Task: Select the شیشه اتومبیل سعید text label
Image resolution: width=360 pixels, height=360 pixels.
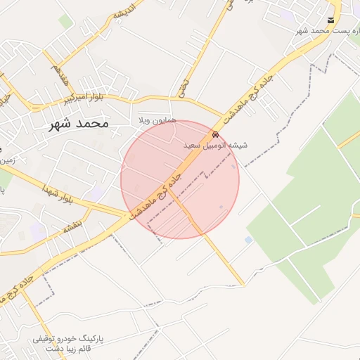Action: (215, 146)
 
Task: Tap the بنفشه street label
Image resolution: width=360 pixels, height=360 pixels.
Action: (72, 228)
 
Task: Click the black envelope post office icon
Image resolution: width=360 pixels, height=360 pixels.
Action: (331, 20)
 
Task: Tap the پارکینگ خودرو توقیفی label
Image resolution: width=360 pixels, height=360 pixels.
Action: (68, 339)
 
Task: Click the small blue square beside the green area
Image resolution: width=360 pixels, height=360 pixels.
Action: (248, 240)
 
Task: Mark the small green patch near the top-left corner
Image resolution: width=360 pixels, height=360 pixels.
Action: (65, 22)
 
